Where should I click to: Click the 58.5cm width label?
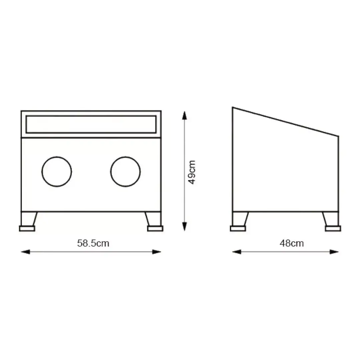tap(93, 243)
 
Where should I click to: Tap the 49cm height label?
tap(192, 172)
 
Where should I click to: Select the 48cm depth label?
tap(292, 243)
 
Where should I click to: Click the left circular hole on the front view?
tap(42, 172)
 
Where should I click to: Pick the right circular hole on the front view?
tap(111, 172)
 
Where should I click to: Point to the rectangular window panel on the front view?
tap(91, 116)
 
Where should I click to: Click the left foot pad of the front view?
tap(27, 228)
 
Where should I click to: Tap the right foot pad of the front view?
tap(155, 228)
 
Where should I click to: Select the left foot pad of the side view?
tap(238, 228)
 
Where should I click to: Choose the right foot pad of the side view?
tap(333, 228)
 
